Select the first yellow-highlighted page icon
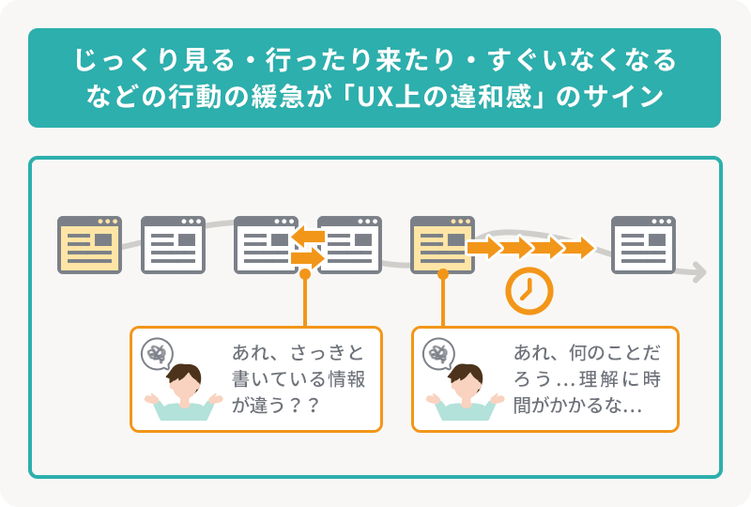tap(89, 245)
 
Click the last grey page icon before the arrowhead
tap(643, 245)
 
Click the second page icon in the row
tap(173, 245)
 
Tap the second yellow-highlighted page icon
tap(442, 245)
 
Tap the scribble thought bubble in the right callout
tap(438, 354)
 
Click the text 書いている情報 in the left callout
tap(298, 380)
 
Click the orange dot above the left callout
tap(305, 274)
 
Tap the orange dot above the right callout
tap(442, 274)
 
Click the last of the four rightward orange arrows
tap(578, 248)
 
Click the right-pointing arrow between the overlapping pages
tap(307, 256)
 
